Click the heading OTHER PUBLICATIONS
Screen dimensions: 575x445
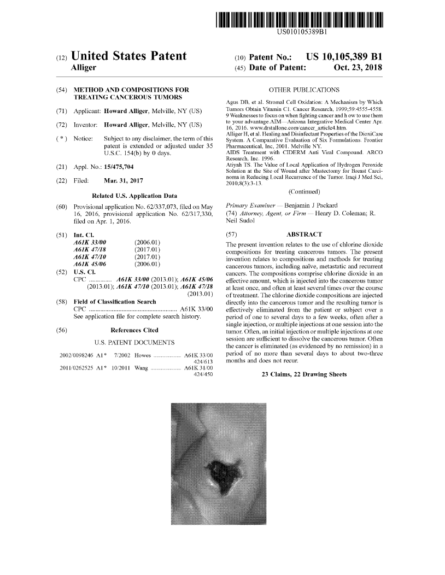pyautogui.click(x=304, y=89)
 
